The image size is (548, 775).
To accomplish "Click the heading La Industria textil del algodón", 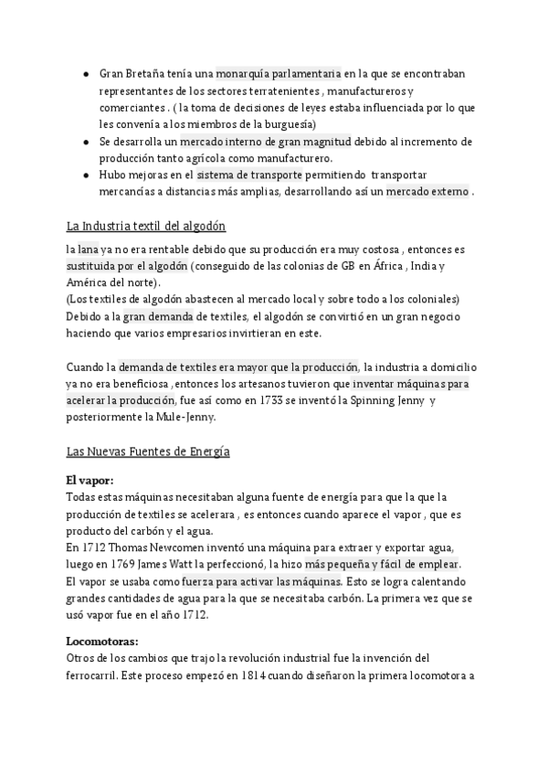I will click(x=145, y=226).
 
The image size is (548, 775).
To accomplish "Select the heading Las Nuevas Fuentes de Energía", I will click(x=148, y=451).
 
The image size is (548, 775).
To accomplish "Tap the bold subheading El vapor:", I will click(x=90, y=480).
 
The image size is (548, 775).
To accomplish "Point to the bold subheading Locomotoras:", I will click(x=102, y=642).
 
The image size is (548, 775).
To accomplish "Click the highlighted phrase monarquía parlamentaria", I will click(x=279, y=74).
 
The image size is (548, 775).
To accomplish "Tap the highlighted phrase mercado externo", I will click(x=428, y=192).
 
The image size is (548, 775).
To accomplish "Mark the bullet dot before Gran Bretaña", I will click(x=84, y=74).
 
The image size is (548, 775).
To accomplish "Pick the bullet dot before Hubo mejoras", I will click(x=84, y=175).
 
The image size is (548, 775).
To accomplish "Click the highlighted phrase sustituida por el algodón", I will click(x=128, y=266).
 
